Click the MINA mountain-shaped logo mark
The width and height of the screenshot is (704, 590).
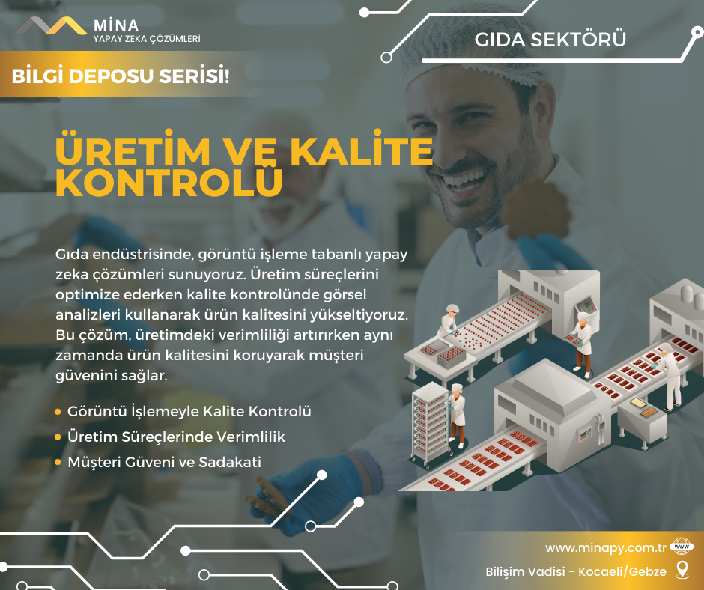pos(51,25)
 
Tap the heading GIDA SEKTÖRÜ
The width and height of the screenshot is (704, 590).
pos(550,40)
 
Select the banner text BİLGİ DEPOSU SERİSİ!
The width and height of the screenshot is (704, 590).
pos(121,76)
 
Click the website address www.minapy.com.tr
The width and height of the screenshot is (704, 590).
pos(606,548)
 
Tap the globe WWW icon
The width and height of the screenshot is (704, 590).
pos(681,547)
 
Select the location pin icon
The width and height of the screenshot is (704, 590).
pos(682,570)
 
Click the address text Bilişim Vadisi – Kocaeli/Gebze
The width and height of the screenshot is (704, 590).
pos(576,571)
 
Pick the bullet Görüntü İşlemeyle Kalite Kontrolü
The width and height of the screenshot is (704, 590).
pos(189,411)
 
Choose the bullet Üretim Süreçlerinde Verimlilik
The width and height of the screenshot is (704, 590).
pos(176,437)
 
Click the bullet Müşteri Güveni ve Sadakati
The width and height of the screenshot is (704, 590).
pos(164,462)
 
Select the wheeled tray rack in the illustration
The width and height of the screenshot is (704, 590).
pos(430,425)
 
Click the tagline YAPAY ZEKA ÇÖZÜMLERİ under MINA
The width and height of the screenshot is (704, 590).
pos(147,39)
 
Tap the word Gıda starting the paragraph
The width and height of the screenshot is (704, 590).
pos(71,254)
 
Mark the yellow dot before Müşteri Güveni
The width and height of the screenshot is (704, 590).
pos(58,462)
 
